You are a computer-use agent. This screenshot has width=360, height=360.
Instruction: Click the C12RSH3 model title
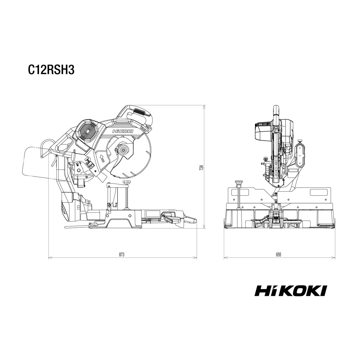(51, 70)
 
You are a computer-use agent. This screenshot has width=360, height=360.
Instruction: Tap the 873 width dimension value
(121, 254)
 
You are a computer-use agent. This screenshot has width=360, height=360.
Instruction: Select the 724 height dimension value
(201, 167)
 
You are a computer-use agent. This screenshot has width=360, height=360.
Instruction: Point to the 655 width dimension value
(278, 254)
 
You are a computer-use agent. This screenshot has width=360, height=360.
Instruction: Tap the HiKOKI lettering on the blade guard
(123, 131)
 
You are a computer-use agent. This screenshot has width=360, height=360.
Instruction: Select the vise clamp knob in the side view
(127, 182)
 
